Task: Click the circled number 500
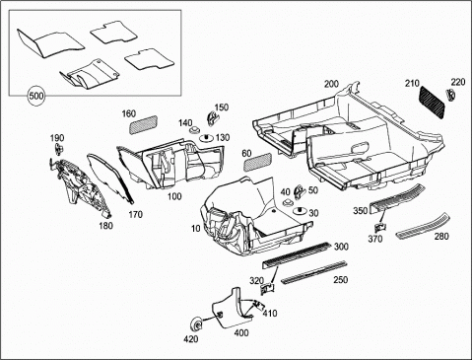(x=36, y=96)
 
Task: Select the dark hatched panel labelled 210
(x=433, y=101)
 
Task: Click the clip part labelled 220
(x=450, y=95)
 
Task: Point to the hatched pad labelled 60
(x=258, y=162)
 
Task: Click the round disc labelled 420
(x=197, y=325)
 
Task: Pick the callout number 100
(x=174, y=196)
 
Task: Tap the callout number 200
(x=331, y=84)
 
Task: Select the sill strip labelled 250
(x=314, y=271)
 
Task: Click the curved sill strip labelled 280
(x=423, y=226)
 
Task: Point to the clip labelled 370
(x=381, y=227)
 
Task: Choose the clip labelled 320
(x=268, y=288)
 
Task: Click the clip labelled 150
(x=212, y=117)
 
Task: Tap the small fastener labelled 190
(x=59, y=149)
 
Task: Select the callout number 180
(x=105, y=226)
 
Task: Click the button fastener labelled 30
(x=300, y=211)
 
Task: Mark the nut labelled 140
(x=194, y=130)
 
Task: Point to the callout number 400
(x=241, y=333)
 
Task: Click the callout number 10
(x=196, y=228)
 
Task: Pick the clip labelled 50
(x=300, y=192)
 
